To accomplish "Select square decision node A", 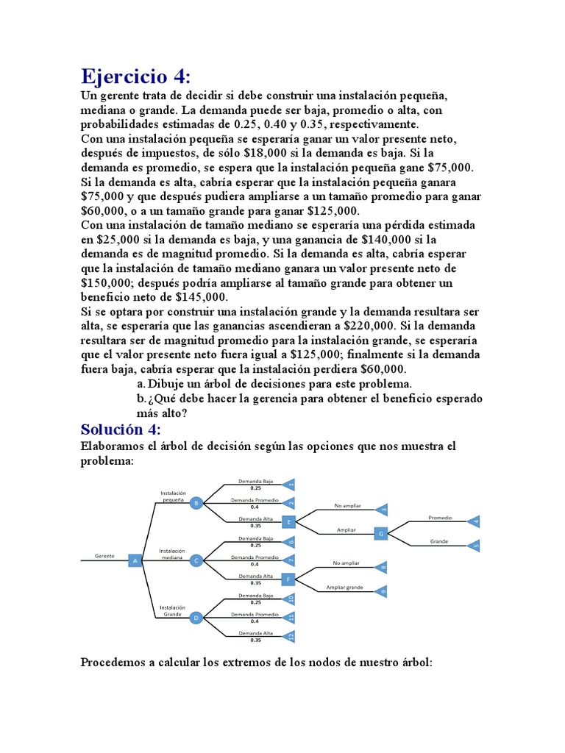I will tap(135, 560).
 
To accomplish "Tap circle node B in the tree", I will tap(196, 503).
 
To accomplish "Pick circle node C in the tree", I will tap(196, 560).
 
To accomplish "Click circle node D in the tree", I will tap(196, 618).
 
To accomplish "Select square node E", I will tap(289, 522).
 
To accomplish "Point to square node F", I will tap(289, 579).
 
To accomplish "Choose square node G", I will tap(380, 533).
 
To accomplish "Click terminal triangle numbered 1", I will tap(289, 485).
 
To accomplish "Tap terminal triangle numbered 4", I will tap(475, 522).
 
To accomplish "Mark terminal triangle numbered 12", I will tap(289, 636).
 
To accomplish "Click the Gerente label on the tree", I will tap(104, 556).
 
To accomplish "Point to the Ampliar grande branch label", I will tap(345, 587).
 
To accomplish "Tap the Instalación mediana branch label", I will tap(171, 554).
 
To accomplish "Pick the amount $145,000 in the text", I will tap(202, 297).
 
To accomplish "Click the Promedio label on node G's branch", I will tap(440, 518).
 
